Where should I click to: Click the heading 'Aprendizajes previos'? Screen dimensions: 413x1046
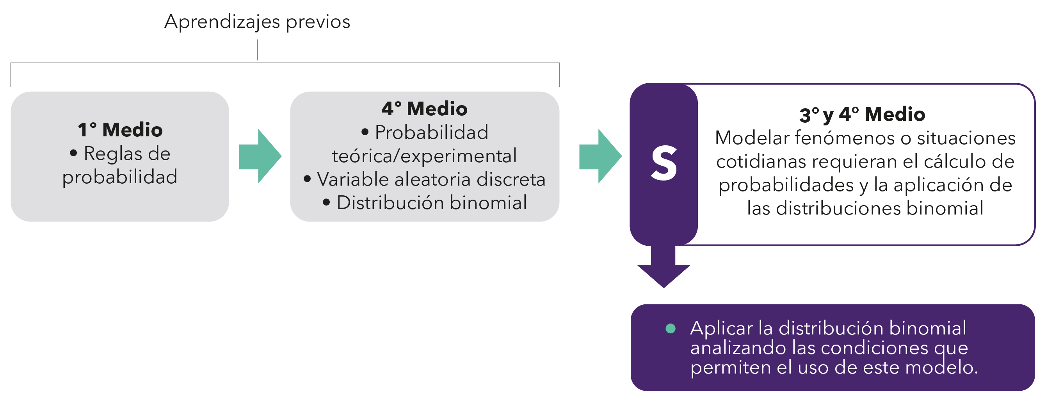(257, 21)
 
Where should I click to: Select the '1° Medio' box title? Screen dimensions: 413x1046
(120, 130)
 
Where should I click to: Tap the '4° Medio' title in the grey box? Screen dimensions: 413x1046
(424, 109)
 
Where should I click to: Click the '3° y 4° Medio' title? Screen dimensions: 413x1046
(862, 114)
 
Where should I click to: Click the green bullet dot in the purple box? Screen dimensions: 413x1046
(671, 329)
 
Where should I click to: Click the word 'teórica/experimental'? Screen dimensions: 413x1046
(424, 156)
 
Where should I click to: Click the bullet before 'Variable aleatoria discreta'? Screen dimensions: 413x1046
(308, 179)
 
